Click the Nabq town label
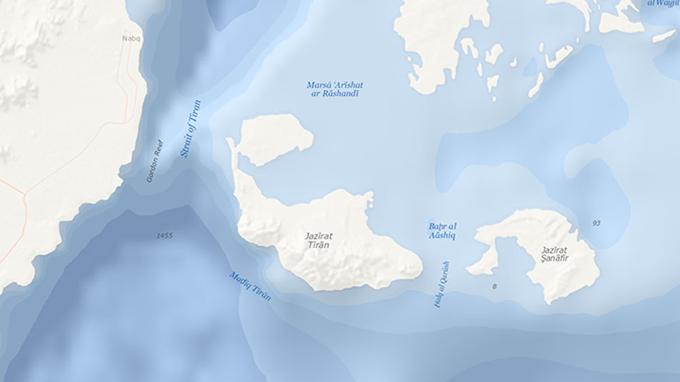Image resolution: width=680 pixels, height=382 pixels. point(131,39)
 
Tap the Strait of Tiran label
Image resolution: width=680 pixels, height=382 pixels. point(191,128)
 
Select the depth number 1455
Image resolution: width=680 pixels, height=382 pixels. point(164,236)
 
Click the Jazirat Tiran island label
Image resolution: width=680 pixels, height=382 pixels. point(318,240)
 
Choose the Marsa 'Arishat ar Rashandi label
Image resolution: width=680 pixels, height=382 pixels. point(335,89)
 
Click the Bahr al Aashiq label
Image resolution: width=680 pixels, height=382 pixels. point(442,230)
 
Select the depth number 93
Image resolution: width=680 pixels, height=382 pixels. point(596,223)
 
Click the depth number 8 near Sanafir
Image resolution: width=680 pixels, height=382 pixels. point(494,286)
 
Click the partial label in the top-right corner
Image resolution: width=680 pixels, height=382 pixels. point(663,3)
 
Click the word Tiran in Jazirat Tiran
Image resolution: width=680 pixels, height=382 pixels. point(318,245)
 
